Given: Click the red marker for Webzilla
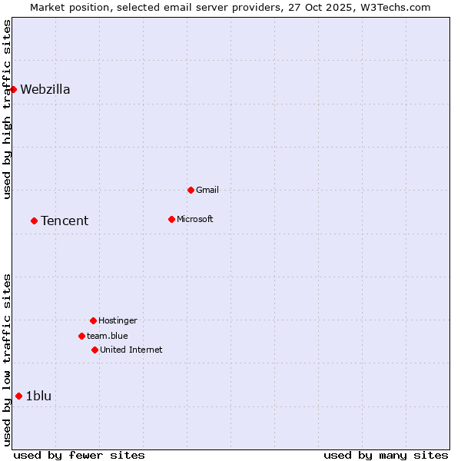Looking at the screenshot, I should point(13,89).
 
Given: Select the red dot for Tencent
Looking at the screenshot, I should point(34,221).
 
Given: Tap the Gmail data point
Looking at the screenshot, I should point(191,190).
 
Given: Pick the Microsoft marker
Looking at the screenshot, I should point(171,219).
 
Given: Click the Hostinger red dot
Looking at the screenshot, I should point(93,320).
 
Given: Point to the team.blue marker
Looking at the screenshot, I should point(81,336).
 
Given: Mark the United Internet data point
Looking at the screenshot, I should point(95,350).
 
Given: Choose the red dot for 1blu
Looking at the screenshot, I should point(18,396).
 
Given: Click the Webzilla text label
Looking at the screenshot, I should point(45,89).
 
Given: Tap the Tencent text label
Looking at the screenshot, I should point(65,221).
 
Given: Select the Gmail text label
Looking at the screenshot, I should point(207,190).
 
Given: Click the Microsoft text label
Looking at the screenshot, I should point(195,219).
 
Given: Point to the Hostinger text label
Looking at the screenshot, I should point(118,320).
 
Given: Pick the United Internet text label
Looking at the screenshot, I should point(131,350).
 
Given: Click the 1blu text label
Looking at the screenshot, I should point(38,396).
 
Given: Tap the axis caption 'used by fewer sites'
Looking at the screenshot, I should point(79,455).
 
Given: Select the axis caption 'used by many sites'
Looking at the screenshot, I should point(386,455).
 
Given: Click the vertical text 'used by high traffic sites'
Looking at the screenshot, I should point(8,109).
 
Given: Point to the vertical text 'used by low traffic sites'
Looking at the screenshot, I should point(8,360).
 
